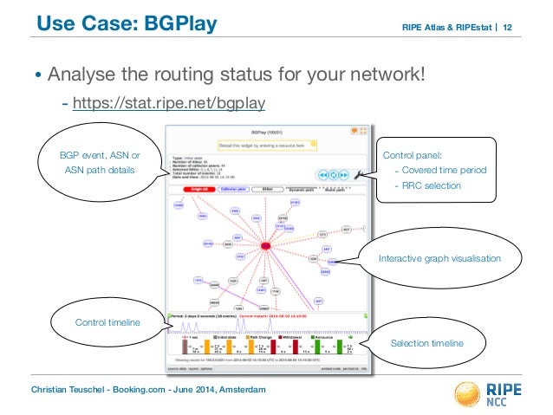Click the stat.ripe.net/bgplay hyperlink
coord(168,105)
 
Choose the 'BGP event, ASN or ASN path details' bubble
coord(98,162)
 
